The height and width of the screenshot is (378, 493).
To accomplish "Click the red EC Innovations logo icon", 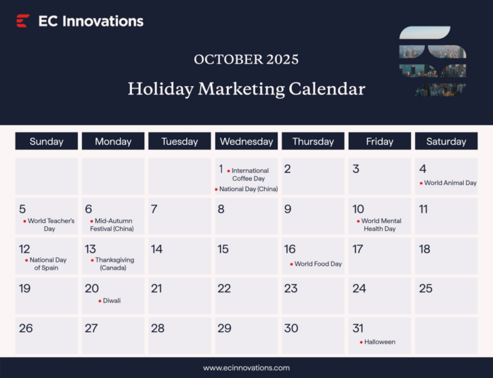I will click(22, 21).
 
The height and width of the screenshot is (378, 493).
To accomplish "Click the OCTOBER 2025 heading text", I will click(246, 59).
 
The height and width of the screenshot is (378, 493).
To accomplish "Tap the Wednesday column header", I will click(246, 142).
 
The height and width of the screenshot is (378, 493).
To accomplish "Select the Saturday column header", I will click(446, 142).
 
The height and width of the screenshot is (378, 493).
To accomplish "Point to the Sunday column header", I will click(47, 142).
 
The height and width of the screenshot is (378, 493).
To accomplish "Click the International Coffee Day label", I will click(250, 175).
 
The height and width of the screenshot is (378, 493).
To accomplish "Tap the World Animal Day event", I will click(450, 183).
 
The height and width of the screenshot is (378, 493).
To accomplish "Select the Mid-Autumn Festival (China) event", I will click(113, 225).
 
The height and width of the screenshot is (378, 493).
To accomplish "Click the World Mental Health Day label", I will click(381, 225).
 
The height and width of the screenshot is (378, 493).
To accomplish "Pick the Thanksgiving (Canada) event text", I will click(114, 264).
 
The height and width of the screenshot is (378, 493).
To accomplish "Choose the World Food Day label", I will click(318, 264).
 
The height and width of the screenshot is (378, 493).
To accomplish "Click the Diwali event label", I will click(112, 301).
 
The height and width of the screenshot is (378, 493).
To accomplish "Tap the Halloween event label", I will click(379, 342).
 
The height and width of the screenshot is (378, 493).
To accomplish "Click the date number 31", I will click(358, 329).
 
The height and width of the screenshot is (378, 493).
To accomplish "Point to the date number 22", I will click(224, 289).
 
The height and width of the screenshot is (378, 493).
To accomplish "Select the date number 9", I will click(288, 209).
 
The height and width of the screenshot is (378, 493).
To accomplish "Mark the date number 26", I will click(26, 329).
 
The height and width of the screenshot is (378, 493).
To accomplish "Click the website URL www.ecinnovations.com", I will click(246, 368).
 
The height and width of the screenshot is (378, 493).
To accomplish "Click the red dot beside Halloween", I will click(361, 342).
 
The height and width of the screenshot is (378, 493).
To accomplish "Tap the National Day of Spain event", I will click(47, 264).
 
